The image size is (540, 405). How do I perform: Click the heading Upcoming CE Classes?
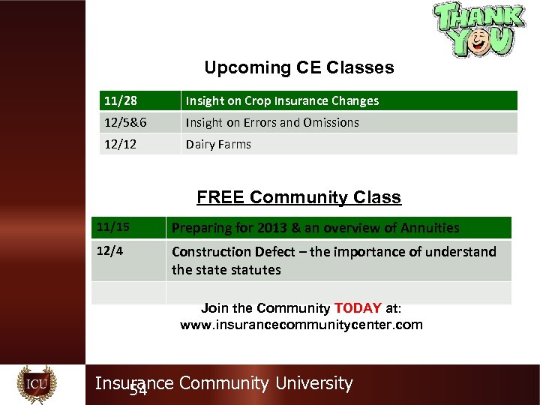pyautogui.click(x=298, y=67)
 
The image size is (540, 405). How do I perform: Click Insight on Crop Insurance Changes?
pyautogui.click(x=282, y=100)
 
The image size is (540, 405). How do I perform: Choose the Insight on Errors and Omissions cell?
pyautogui.click(x=272, y=122)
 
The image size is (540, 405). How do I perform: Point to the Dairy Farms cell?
pyautogui.click(x=218, y=144)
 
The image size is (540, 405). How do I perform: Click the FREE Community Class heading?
pyautogui.click(x=298, y=197)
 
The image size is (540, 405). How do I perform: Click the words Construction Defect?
pyautogui.click(x=225, y=252)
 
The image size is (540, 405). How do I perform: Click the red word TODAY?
pyautogui.click(x=358, y=308)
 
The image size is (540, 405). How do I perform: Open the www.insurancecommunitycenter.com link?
pyautogui.click(x=301, y=325)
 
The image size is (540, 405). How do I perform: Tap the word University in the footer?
pyautogui.click(x=313, y=383)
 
